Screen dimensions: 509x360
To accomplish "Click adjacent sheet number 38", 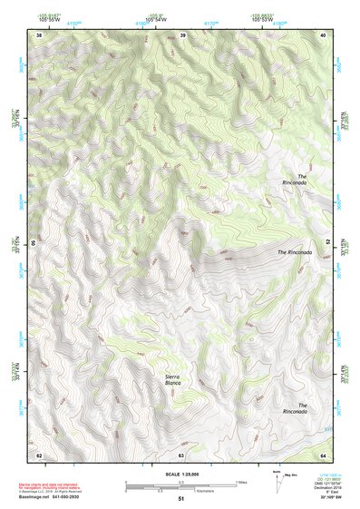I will tap(39, 34).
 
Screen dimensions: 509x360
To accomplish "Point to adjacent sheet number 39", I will tap(182, 34).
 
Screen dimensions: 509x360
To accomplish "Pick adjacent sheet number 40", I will tap(324, 34).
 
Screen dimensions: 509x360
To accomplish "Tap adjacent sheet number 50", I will tap(34, 243).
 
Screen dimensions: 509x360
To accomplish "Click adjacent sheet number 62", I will tap(39, 454).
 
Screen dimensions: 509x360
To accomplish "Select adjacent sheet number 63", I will tap(181, 454).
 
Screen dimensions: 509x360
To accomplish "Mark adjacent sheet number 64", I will tap(324, 454).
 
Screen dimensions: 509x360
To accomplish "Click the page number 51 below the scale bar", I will tap(181, 499).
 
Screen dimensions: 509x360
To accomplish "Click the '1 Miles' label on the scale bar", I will tap(241, 482).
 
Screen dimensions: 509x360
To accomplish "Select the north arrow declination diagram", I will tap(277, 481).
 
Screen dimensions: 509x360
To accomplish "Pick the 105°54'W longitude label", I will tap(156, 18).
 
